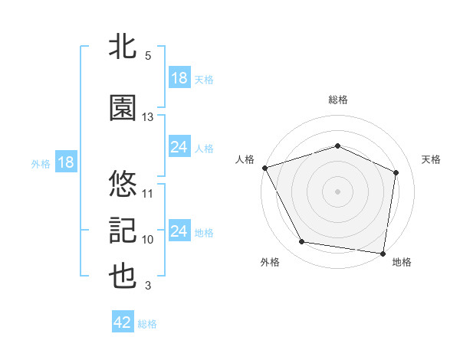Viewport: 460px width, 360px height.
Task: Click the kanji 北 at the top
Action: [x=123, y=47]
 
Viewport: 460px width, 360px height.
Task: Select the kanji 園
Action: [x=123, y=108]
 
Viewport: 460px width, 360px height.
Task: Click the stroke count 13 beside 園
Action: [x=148, y=117]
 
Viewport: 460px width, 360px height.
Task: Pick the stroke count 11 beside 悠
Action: [x=148, y=193]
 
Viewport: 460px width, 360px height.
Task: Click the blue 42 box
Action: [x=123, y=323]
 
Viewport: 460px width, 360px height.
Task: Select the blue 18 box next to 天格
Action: [x=179, y=78]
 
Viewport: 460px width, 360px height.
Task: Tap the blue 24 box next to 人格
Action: [x=179, y=147]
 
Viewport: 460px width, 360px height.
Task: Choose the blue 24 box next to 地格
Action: [x=179, y=231]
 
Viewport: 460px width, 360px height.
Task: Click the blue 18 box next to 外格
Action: [x=65, y=162]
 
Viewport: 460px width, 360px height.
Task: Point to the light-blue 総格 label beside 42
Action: [x=147, y=324]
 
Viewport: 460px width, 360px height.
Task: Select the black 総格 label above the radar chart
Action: [x=337, y=100]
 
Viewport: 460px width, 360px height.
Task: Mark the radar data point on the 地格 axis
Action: [x=383, y=253]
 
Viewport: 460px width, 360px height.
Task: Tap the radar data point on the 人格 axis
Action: [x=264, y=168]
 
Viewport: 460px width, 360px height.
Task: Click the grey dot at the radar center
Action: [x=337, y=191]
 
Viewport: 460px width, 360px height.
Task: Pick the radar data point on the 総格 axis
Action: [x=337, y=146]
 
